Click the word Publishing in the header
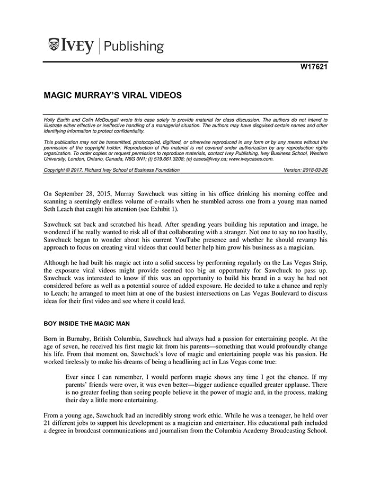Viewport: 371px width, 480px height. pos(134,46)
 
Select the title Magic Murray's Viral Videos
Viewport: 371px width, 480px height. pos(113,95)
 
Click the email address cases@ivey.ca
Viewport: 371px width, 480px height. pos(212,158)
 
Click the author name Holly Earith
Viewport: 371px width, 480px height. pos(57,120)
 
